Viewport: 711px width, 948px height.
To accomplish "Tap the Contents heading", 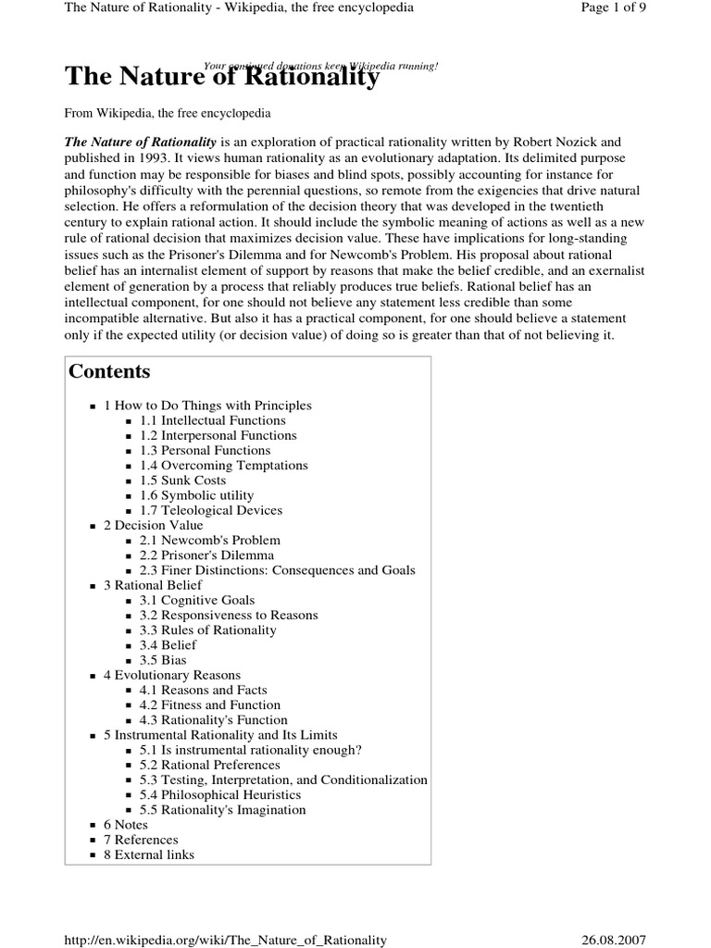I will [x=109, y=372].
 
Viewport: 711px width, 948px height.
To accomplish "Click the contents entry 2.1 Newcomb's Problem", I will [x=209, y=540].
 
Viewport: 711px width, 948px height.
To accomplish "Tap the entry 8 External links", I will [x=148, y=854].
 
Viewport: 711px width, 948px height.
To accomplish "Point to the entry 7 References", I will [x=141, y=840].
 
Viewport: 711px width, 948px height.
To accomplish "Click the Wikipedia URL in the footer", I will [x=225, y=940].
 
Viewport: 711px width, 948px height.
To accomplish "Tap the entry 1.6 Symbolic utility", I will [x=196, y=495].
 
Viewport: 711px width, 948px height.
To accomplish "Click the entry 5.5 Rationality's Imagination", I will [x=222, y=810].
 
